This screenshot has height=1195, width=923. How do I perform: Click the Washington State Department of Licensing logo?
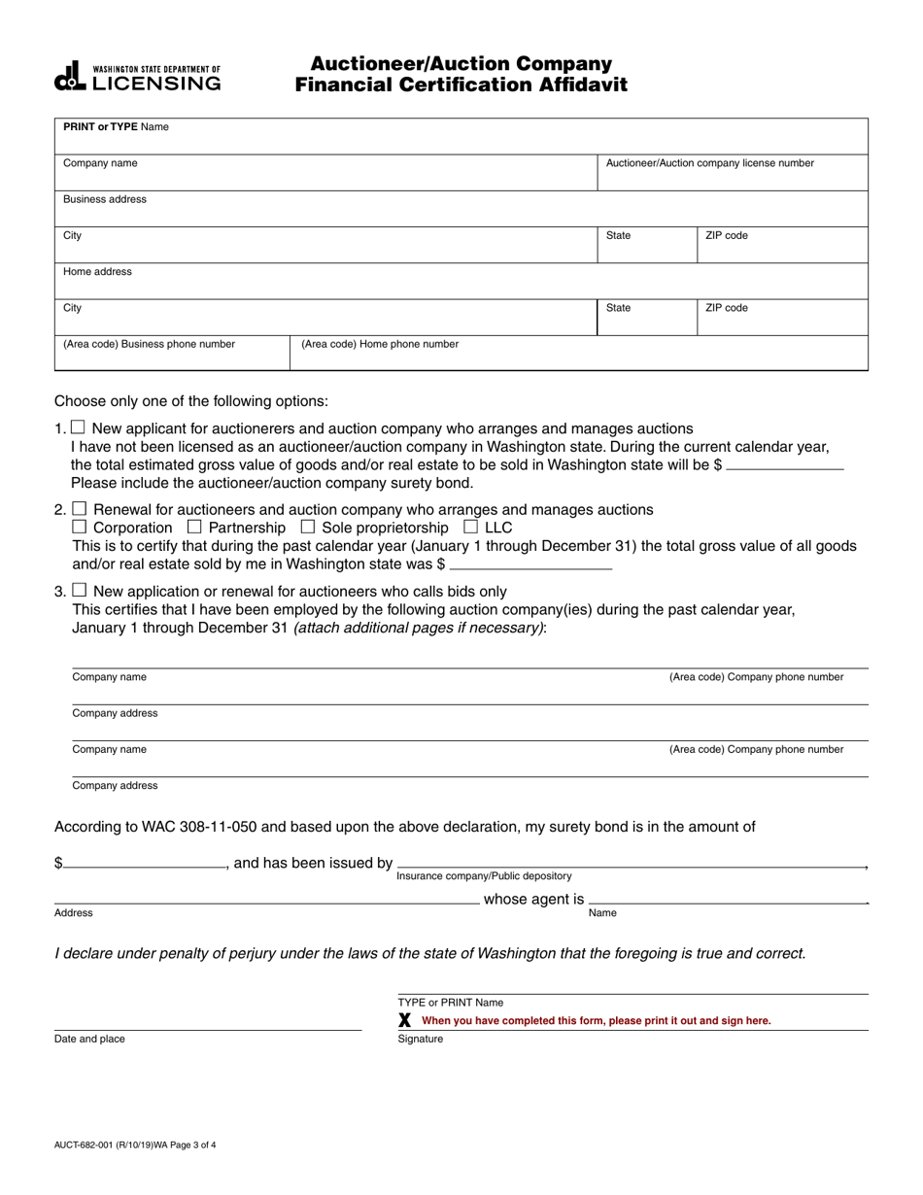tap(137, 77)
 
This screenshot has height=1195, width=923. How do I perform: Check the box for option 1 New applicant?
tap(79, 427)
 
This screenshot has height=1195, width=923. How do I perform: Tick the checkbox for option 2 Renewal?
tap(80, 509)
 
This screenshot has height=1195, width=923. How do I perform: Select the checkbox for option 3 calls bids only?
tap(80, 590)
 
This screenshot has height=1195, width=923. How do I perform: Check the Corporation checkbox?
tap(80, 527)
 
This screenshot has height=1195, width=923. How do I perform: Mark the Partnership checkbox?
tap(193, 527)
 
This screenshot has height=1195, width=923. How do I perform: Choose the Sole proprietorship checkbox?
tap(308, 527)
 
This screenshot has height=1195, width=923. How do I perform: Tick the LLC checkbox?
tap(470, 527)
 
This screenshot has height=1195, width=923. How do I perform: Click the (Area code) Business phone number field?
tap(171, 355)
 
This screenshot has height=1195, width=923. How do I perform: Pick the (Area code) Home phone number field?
tap(578, 355)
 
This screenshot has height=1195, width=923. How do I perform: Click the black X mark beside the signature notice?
tap(405, 1020)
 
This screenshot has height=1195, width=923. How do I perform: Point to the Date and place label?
tap(89, 1039)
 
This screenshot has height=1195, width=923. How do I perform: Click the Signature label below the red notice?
tap(421, 1039)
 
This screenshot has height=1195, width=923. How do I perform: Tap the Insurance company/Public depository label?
tap(484, 875)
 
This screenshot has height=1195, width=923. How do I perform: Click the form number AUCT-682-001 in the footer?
tap(135, 1144)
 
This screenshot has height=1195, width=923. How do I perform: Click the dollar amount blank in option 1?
tap(785, 464)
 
